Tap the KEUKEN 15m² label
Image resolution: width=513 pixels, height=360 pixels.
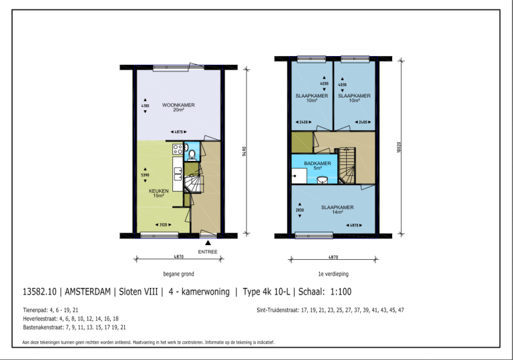pos(158,193)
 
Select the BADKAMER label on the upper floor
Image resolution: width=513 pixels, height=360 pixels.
pos(318,164)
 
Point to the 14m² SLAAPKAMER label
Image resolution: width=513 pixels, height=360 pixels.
pos(337,209)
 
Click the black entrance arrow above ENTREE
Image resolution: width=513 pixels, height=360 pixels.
pos(208,243)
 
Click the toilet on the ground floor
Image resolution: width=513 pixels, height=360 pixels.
pos(192,155)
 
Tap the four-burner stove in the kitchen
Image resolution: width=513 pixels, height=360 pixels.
pos(178,149)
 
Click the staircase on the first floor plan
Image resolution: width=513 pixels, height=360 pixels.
pos(347,166)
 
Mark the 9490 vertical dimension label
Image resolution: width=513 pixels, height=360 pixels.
pos(244,152)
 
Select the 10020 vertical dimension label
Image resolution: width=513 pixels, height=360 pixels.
pos(399,147)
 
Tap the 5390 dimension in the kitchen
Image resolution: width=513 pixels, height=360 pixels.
pos(145,176)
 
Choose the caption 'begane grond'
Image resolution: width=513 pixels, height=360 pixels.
pos(178,274)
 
